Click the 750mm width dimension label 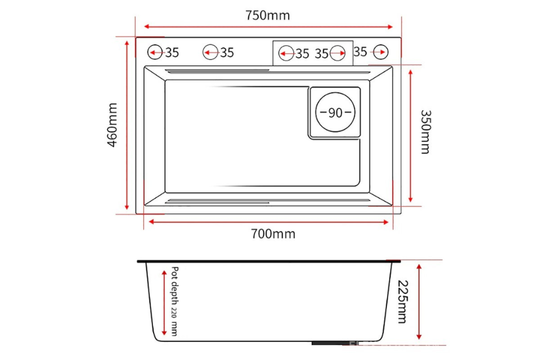point(268,16)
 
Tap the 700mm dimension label point(273,234)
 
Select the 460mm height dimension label point(112,126)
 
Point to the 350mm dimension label point(425,131)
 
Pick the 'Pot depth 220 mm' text point(175,301)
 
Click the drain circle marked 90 point(335,113)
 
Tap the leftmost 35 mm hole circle point(155,52)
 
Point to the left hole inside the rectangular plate point(286,53)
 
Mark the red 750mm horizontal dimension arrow point(268,27)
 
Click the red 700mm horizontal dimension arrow point(268,221)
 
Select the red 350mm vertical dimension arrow point(410,135)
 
